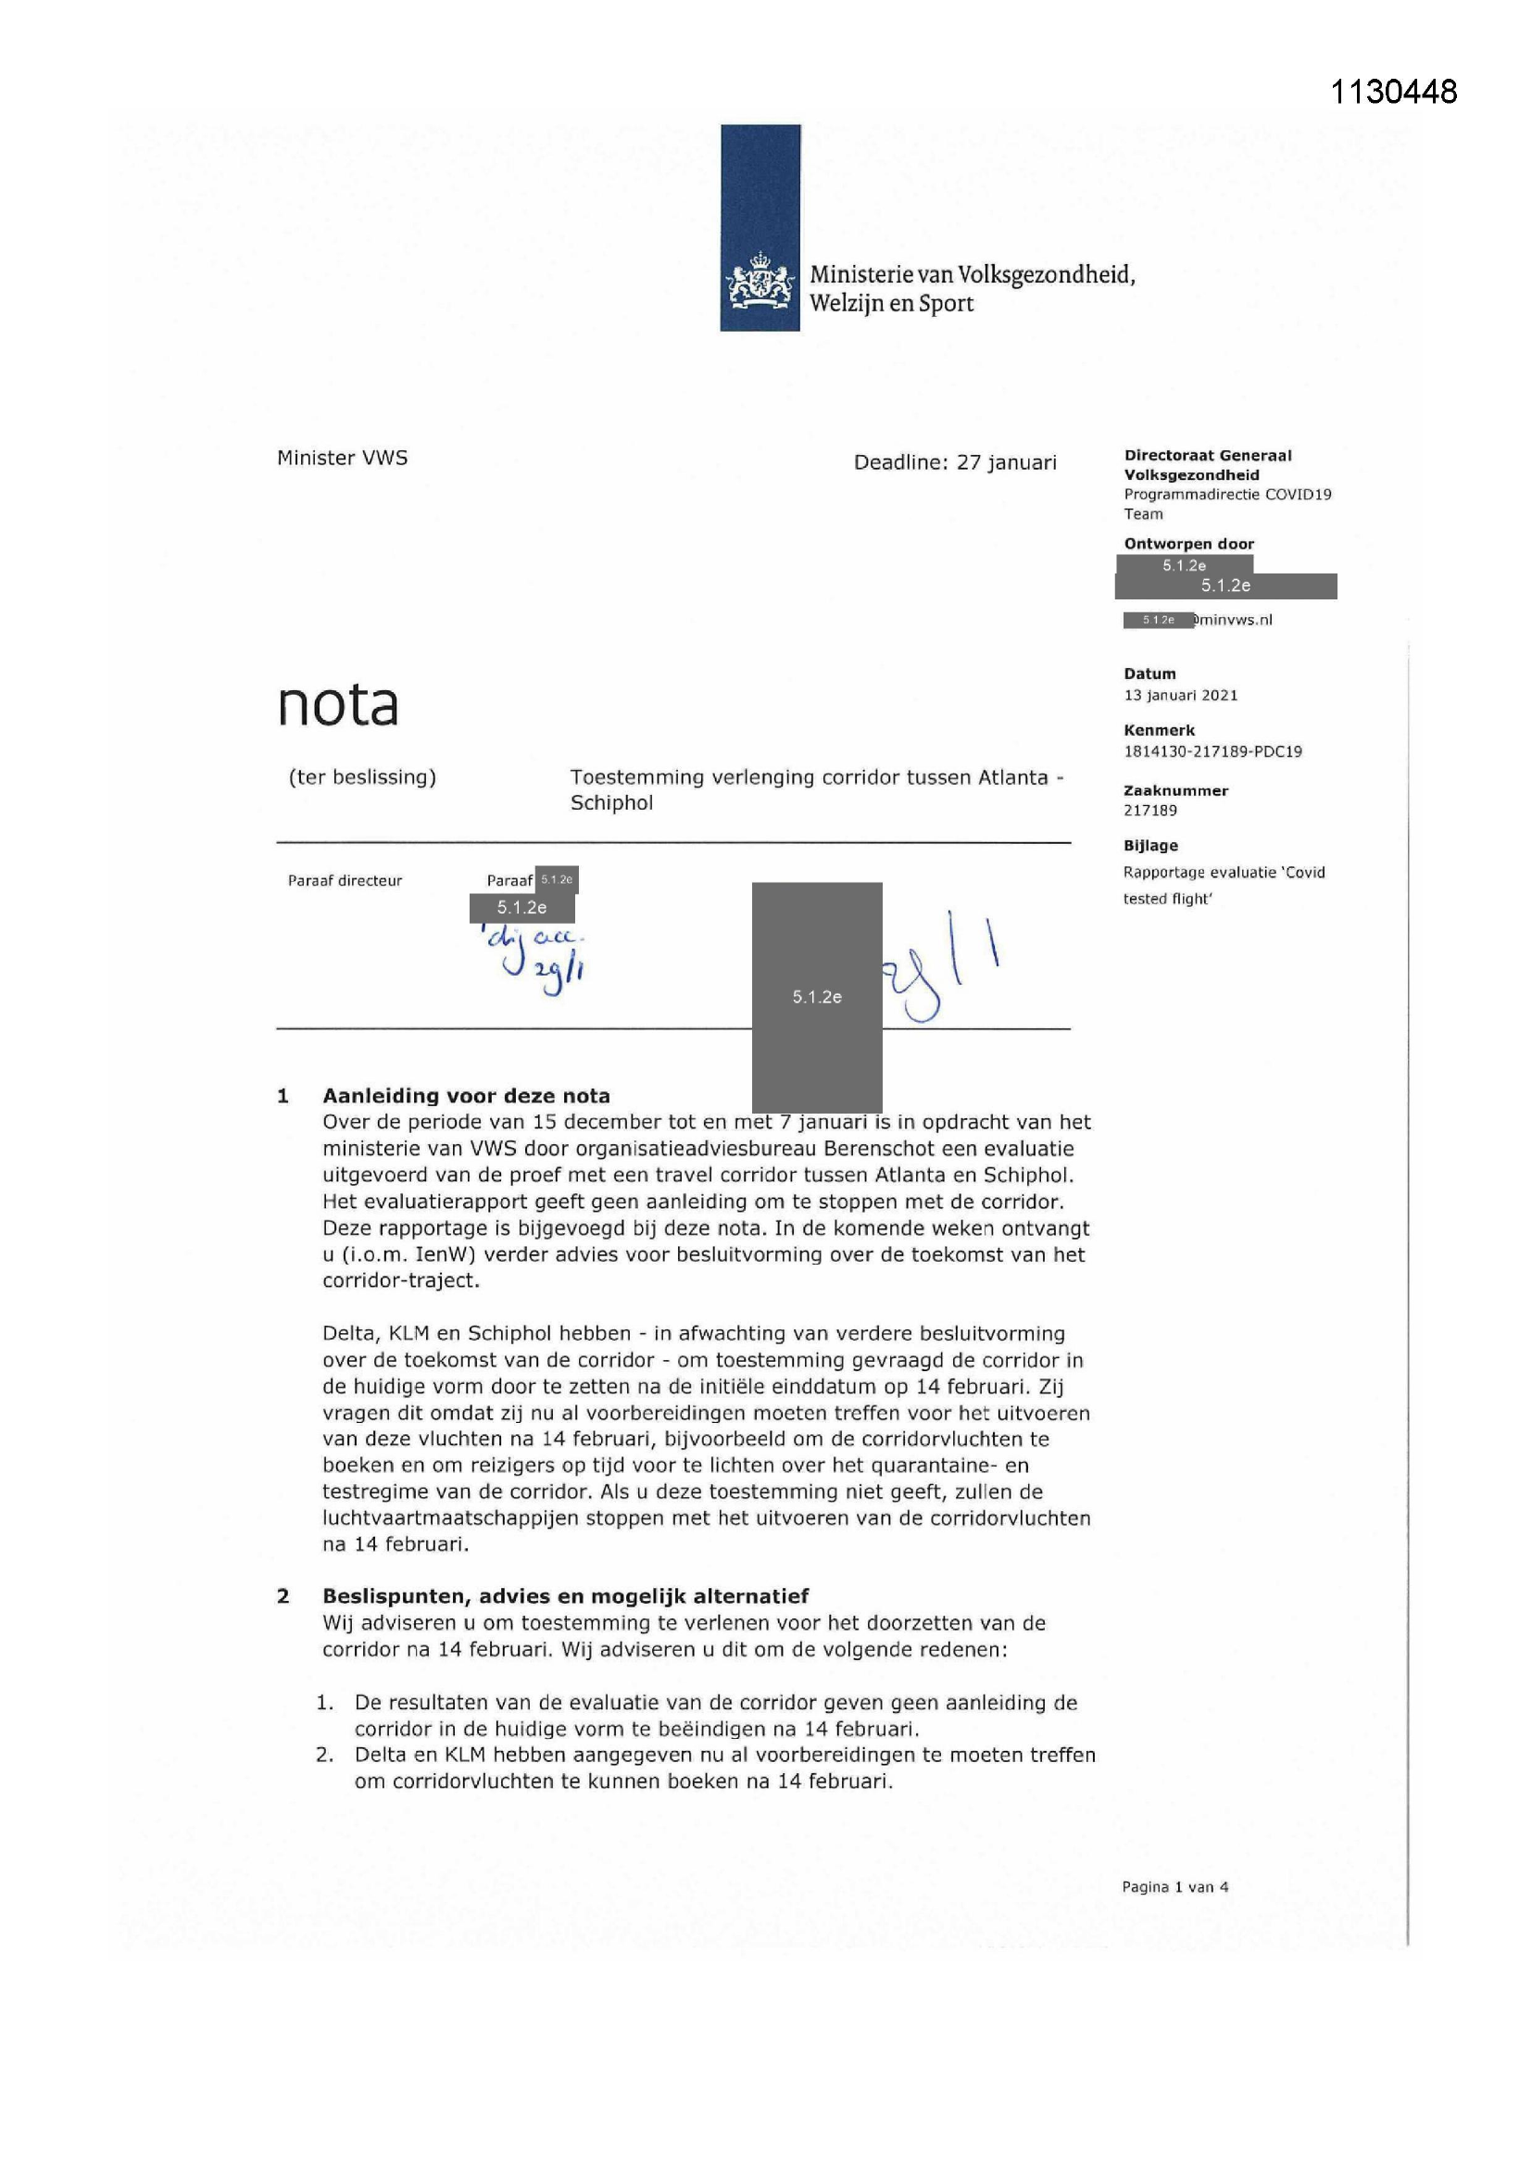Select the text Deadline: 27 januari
[955, 462]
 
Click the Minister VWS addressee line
[343, 458]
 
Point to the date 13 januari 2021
[1180, 695]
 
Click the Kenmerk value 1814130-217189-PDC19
[1212, 752]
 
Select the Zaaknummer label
[1175, 790]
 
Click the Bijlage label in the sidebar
[1150, 845]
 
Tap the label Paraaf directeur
[345, 880]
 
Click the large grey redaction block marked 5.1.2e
[816, 996]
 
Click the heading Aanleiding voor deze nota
[466, 1096]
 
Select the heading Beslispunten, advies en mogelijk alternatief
[565, 1596]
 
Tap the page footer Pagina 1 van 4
[1174, 1887]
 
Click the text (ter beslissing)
[362, 777]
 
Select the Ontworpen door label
[1188, 544]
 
